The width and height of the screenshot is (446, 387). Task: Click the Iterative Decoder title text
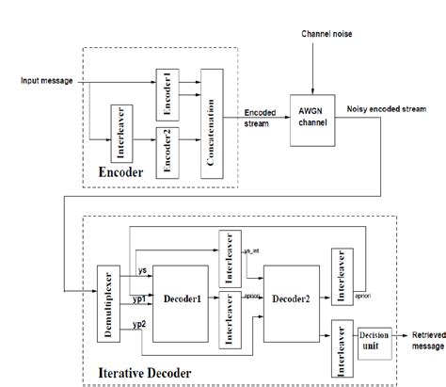[x=146, y=374]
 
